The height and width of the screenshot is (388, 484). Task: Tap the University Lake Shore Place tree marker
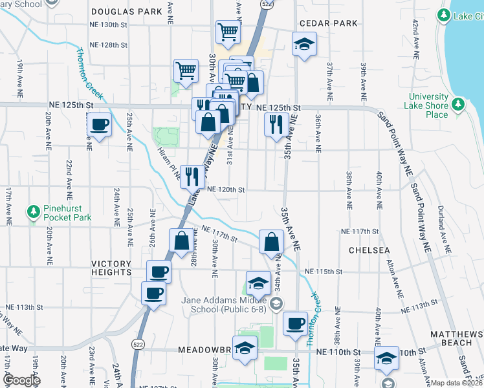click(x=458, y=104)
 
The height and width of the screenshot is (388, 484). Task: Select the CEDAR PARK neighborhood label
click(x=319, y=23)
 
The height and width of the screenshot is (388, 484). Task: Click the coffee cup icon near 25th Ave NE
click(x=100, y=124)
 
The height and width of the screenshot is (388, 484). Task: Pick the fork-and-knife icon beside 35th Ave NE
click(x=277, y=124)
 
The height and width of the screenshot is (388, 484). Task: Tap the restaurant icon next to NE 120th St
click(x=192, y=176)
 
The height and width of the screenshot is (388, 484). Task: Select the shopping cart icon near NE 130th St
click(x=228, y=32)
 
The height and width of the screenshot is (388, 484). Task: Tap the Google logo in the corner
click(x=21, y=380)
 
